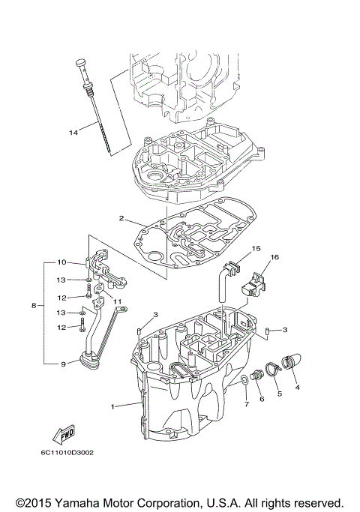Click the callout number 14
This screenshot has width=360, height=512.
point(73,133)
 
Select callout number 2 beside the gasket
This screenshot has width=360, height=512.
point(120,219)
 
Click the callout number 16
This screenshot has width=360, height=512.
point(274,257)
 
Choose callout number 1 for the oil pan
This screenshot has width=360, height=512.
point(113,407)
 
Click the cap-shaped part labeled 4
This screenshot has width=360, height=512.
point(290,362)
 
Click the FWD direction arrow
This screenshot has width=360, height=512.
point(63,435)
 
